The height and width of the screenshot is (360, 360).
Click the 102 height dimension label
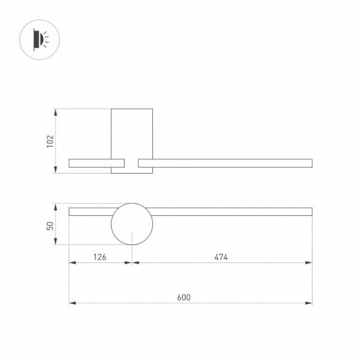[x=49, y=141]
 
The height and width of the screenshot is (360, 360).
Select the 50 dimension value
[x=49, y=225]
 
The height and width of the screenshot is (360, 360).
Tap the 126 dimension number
[x=100, y=257]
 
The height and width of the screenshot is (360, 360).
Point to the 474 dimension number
[x=221, y=257]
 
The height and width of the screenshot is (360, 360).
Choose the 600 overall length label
[x=183, y=297]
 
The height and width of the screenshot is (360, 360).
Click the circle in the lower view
[x=132, y=224]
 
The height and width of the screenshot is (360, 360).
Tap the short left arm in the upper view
[x=89, y=163]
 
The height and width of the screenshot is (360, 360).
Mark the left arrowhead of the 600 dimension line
[x=72, y=303]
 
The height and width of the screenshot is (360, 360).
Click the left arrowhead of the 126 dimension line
[x=72, y=263]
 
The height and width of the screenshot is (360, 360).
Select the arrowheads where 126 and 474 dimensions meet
[x=132, y=263]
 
